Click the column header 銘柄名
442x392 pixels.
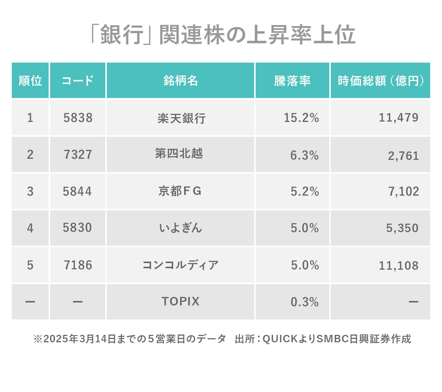(x=180, y=81)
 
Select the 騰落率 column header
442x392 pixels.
(x=292, y=81)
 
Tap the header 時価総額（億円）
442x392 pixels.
(x=380, y=81)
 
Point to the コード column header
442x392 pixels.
(x=78, y=81)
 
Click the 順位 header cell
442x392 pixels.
(x=30, y=81)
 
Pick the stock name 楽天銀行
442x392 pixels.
(x=181, y=118)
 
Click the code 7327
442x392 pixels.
(x=78, y=154)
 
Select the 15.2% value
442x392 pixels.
(x=301, y=118)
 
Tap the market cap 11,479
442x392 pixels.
(x=399, y=118)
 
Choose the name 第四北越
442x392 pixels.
(x=179, y=154)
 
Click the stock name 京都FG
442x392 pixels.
(x=180, y=191)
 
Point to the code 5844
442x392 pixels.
(x=77, y=191)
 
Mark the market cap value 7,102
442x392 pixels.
(x=404, y=192)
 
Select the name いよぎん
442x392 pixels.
(x=180, y=228)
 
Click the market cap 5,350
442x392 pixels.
(x=402, y=228)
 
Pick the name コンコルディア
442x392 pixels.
(x=180, y=265)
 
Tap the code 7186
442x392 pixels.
(x=78, y=265)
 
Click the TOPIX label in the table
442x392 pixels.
(x=180, y=301)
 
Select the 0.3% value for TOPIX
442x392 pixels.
(x=305, y=302)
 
